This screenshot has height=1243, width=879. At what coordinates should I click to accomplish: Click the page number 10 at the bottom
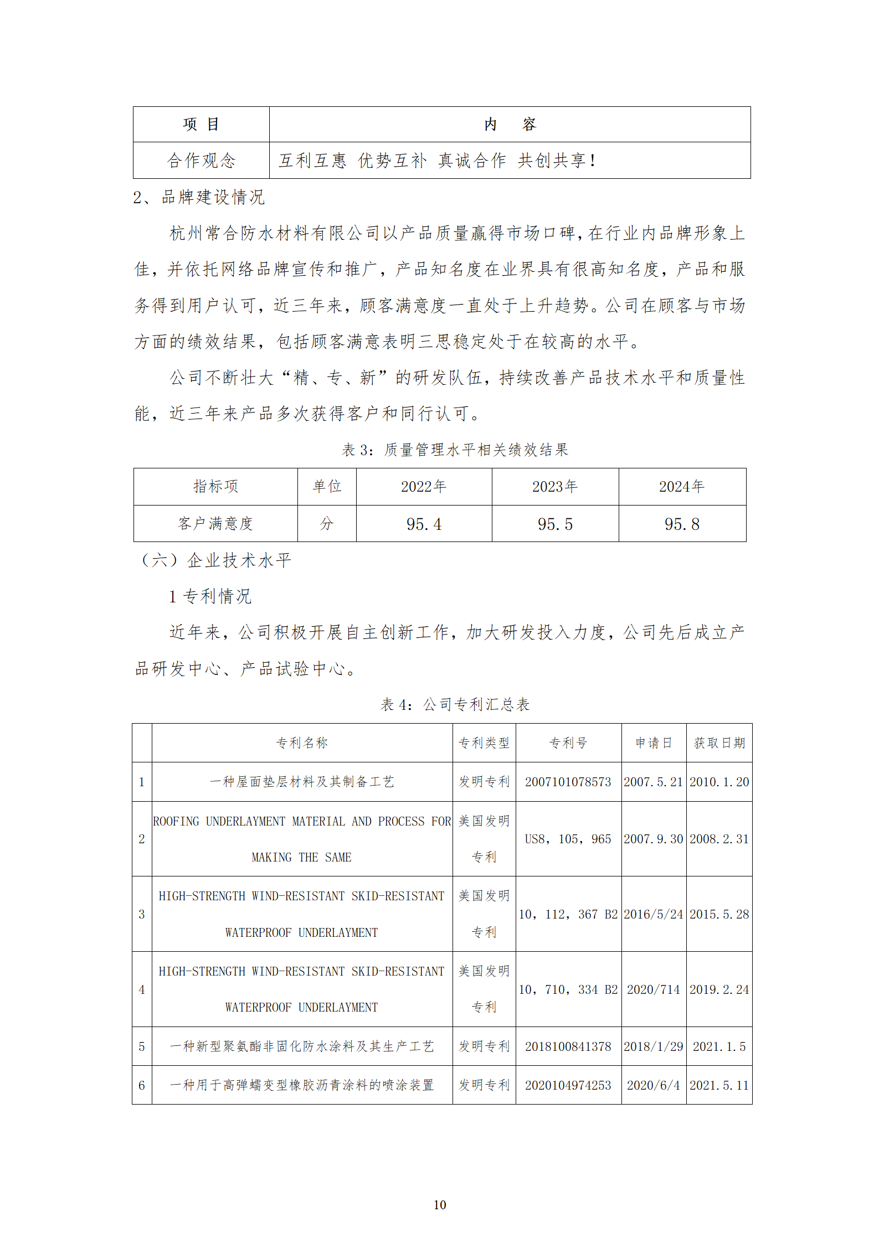point(439,1204)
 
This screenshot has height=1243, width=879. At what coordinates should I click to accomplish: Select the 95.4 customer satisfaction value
point(424,524)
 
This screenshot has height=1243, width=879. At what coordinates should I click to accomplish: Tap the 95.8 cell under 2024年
point(682,524)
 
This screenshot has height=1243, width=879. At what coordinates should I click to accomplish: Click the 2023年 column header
point(555,487)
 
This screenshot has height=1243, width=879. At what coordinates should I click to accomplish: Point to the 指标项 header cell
point(215,486)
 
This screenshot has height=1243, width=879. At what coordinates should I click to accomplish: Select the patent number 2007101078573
point(568,782)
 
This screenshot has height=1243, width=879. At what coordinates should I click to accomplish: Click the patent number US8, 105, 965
point(568,839)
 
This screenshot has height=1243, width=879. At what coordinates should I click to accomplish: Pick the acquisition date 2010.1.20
point(719,782)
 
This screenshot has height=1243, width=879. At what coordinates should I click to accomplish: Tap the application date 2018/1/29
point(654,1046)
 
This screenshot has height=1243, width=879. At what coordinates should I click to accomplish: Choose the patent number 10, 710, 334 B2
point(568,989)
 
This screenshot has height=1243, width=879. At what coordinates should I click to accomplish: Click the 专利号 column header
point(568,743)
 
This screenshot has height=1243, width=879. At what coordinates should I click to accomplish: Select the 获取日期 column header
point(719,743)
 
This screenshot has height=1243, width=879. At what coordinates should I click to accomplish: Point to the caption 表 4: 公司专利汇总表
point(455,704)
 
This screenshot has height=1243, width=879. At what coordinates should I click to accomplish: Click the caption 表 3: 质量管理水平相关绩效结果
point(455,450)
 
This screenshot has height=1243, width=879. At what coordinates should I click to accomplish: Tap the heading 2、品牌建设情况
point(199,197)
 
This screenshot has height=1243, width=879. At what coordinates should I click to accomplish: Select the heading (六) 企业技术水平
point(215,560)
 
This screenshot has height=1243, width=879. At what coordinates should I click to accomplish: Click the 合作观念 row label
point(201,161)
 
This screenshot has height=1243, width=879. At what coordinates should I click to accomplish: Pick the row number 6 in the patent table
point(142,1085)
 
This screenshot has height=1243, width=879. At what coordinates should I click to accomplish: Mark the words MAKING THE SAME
point(301,857)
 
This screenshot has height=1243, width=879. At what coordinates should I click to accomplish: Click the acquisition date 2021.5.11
point(719,1085)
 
